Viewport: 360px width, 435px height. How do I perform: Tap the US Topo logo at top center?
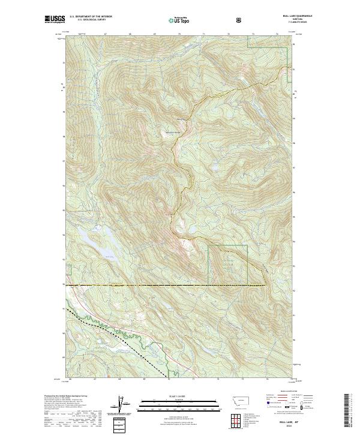click(x=179, y=20)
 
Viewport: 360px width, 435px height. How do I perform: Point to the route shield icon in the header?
click(x=240, y=20)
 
